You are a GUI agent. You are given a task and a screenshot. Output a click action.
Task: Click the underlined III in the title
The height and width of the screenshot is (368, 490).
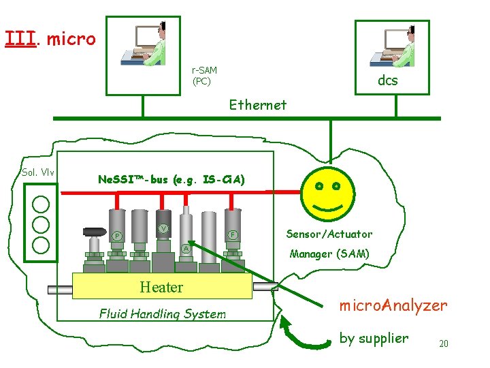click(20, 39)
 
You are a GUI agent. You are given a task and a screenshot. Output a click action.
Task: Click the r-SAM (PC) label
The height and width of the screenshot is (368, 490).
click(204, 76)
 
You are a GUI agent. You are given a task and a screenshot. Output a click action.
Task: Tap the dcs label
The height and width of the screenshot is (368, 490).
click(388, 80)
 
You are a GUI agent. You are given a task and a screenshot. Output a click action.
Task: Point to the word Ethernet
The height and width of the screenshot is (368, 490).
click(258, 105)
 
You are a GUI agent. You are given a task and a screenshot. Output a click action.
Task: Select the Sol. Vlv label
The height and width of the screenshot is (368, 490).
click(39, 172)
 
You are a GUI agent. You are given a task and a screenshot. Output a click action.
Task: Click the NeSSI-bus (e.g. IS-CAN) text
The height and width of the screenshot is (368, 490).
click(171, 180)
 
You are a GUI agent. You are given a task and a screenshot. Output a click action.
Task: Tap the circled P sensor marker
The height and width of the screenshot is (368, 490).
click(116, 236)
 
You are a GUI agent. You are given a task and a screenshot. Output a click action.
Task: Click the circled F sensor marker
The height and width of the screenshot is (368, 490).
click(232, 234)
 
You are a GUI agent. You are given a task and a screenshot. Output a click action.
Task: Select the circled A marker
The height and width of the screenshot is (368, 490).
click(186, 249)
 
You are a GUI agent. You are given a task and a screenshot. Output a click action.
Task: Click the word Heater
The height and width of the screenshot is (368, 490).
click(161, 287)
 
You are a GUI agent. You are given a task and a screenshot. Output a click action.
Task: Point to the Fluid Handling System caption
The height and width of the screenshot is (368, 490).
click(162, 314)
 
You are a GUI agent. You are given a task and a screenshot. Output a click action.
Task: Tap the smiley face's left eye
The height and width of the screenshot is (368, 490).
click(318, 185)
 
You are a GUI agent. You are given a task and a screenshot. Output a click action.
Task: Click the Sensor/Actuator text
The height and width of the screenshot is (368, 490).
click(329, 234)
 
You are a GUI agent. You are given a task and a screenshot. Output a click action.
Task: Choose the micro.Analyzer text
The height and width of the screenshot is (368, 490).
click(393, 305)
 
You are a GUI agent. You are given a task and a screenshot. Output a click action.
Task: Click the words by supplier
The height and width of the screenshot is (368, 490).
click(374, 338)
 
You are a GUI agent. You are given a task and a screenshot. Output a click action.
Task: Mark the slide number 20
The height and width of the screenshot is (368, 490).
click(443, 343)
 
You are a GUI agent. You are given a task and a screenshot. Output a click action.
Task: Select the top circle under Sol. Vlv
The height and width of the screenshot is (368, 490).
click(41, 203)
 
